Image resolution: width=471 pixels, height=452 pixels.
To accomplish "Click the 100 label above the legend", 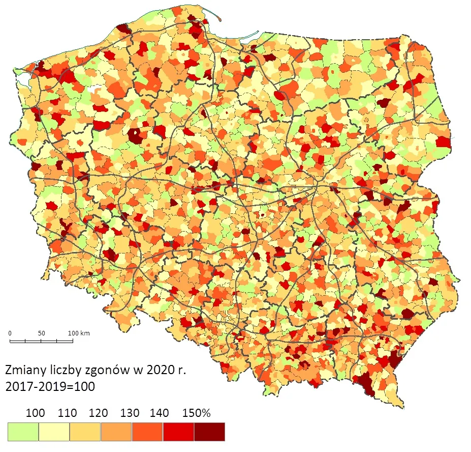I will point(35,413).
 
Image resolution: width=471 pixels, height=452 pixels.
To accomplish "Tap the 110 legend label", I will point(67,413).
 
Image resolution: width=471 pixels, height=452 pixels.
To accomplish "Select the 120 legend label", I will point(98,413).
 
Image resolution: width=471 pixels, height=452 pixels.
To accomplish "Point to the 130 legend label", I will point(129,413).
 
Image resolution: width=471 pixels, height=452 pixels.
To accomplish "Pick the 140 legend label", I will point(160,413).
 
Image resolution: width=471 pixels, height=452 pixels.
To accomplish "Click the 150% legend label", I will point(196,413).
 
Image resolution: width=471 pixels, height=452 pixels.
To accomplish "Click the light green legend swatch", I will point(23,432).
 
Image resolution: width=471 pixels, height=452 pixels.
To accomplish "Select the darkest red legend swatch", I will point(209,432).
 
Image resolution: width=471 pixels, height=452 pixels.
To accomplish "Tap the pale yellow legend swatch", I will point(54,432).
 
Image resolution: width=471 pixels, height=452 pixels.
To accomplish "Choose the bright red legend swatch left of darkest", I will point(178,432).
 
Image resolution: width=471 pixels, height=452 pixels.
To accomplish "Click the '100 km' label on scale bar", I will point(79,333).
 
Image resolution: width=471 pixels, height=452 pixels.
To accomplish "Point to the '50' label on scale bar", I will point(41,333).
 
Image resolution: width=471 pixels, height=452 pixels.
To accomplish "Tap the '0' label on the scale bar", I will point(10,333).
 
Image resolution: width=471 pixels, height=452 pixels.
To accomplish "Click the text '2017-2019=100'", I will point(50,386).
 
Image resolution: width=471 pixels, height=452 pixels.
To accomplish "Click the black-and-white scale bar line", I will point(41,341).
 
